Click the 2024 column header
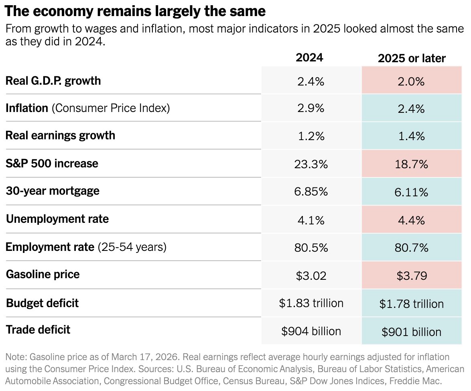(x=309, y=58)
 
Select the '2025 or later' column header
(x=412, y=59)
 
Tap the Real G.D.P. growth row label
(x=53, y=81)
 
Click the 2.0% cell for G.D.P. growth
(x=412, y=81)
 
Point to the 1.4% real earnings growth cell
(x=412, y=136)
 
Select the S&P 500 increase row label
(x=52, y=164)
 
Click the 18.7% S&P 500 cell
(x=412, y=164)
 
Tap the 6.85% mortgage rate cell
(x=311, y=192)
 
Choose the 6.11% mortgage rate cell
(x=412, y=192)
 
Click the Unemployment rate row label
(x=57, y=219)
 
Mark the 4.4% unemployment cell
(x=412, y=220)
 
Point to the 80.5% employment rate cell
(x=311, y=247)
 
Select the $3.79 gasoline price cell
(x=412, y=276)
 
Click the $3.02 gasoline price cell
(x=311, y=275)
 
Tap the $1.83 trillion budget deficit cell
(x=311, y=303)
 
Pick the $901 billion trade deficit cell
(x=412, y=332)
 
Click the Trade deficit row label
(x=38, y=330)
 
